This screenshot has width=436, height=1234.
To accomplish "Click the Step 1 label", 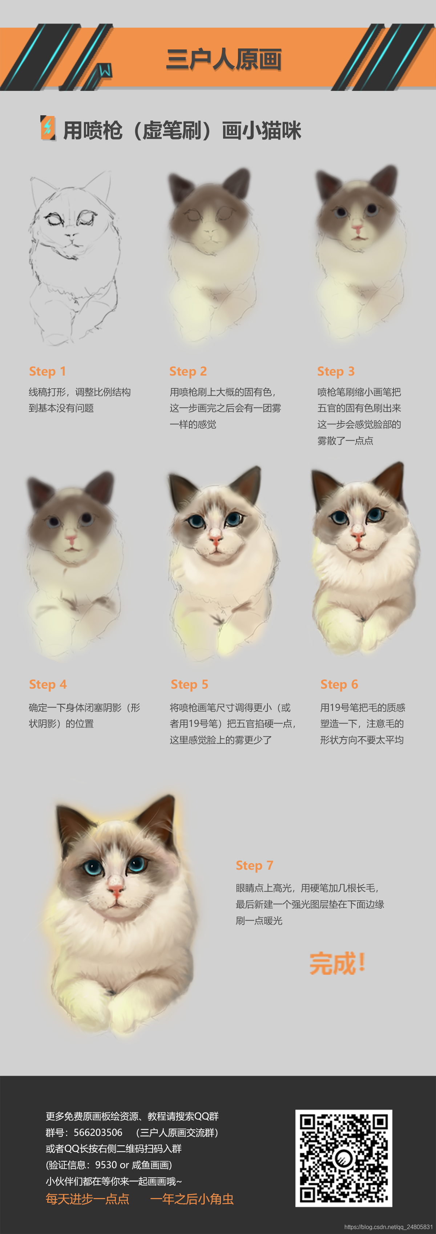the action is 47,371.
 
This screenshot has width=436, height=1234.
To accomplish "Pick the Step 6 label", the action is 339,684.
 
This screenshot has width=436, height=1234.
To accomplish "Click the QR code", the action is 344,1158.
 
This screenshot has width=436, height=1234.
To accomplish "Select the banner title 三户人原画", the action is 224,59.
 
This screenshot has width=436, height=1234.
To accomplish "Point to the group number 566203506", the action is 98,1133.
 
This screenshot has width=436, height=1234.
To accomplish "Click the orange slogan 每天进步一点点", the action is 88,1199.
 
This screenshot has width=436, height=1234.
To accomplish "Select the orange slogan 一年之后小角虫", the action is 192,1199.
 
